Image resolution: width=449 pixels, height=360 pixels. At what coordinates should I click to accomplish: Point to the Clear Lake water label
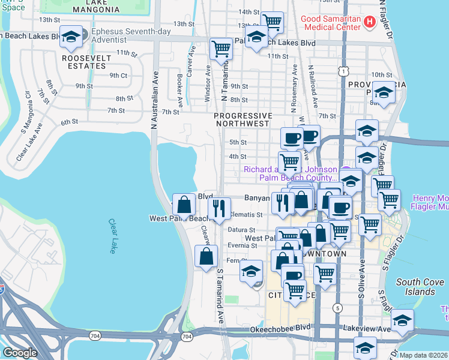pos(112,235)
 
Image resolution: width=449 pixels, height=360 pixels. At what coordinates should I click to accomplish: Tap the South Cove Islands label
pos(415,287)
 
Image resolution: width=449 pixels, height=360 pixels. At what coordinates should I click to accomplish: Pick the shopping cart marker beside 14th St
pos(273,22)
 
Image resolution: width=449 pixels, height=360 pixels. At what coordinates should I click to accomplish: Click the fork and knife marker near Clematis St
pos(220,208)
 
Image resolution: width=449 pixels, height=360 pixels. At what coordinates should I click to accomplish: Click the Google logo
pos(20,353)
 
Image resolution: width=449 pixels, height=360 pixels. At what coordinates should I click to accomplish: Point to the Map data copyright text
pos(424,355)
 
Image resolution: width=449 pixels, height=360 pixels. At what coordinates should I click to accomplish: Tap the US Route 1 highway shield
pos(342,71)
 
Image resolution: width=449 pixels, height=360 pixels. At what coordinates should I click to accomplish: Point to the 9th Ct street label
pos(118,76)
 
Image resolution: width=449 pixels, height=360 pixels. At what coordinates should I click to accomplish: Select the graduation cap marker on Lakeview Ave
pos(402,319)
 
